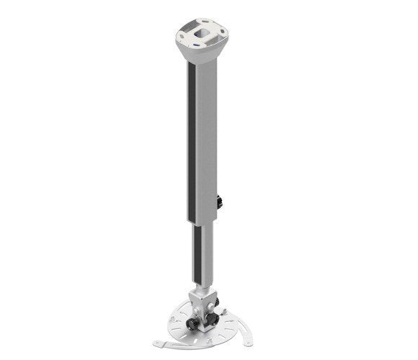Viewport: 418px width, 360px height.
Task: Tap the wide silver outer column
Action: (205, 137)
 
